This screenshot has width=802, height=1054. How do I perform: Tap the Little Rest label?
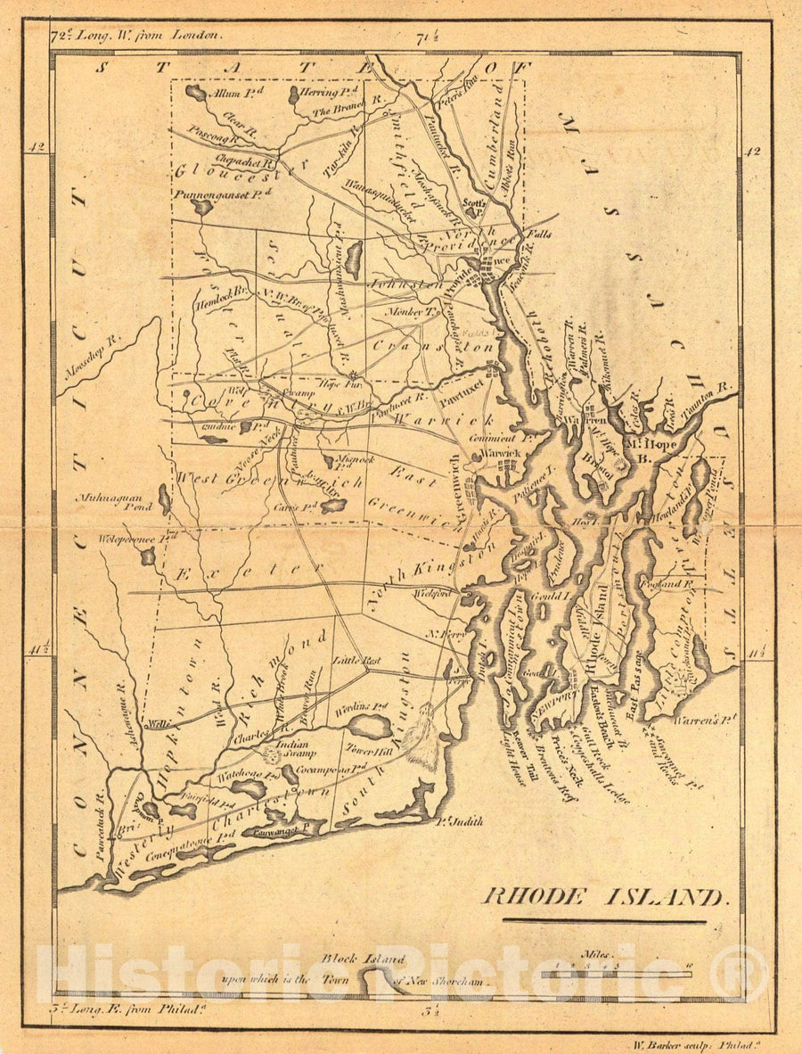[356, 661]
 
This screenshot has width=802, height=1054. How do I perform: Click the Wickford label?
[431, 592]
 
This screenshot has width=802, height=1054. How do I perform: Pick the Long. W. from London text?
[125, 37]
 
